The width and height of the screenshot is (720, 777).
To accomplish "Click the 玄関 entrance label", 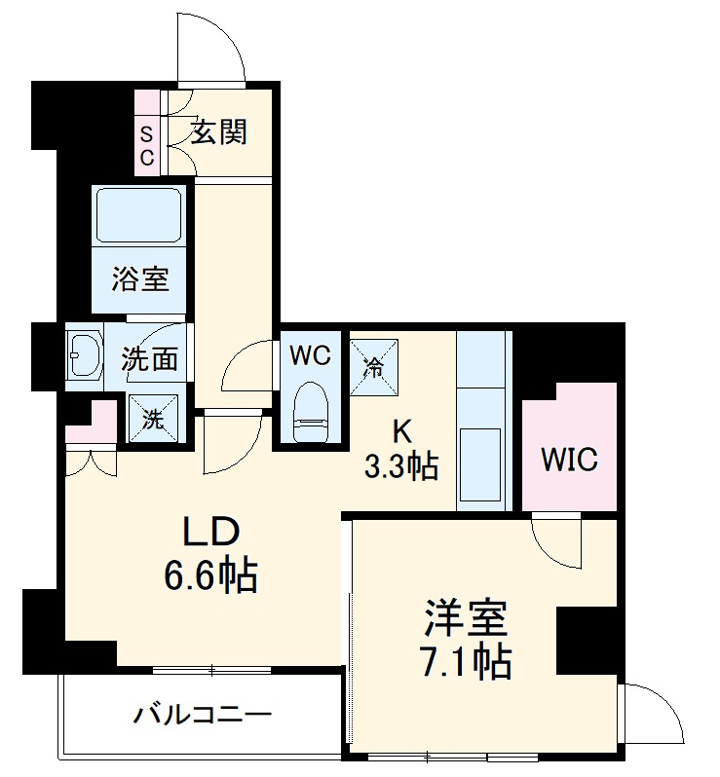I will pyautogui.click(x=218, y=132).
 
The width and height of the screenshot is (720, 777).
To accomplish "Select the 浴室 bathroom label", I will pyautogui.click(x=139, y=279).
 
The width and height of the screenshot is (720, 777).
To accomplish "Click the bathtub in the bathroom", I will pyautogui.click(x=139, y=216).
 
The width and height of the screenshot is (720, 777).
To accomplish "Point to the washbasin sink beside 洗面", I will pyautogui.click(x=85, y=355).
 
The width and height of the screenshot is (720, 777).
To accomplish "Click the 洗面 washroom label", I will pyautogui.click(x=149, y=358).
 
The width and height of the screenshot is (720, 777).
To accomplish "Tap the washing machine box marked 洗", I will pyautogui.click(x=153, y=420).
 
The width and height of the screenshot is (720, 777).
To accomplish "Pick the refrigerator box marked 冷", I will pyautogui.click(x=373, y=365).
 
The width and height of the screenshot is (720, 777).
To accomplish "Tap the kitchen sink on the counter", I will pyautogui.click(x=481, y=465).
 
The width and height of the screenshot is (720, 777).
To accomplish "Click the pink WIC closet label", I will pyautogui.click(x=569, y=459).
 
